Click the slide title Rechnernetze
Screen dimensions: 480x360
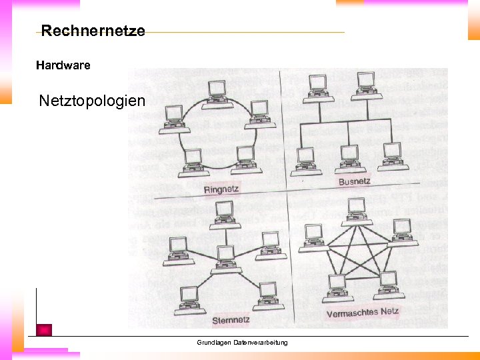pos(93,31)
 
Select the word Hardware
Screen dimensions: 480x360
pos(63,65)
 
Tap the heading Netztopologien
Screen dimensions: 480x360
pos(91,101)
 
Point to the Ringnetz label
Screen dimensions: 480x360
pos(221,190)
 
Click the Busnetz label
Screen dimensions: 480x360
pos(355,181)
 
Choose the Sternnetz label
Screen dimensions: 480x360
pos(231,321)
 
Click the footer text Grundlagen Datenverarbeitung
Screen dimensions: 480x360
pos(242,343)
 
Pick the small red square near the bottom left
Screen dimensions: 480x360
pos(44,329)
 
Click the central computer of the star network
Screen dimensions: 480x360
pos(225,257)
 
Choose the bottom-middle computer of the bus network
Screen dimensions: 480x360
pos(349,157)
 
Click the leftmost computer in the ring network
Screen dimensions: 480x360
pos(173,117)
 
